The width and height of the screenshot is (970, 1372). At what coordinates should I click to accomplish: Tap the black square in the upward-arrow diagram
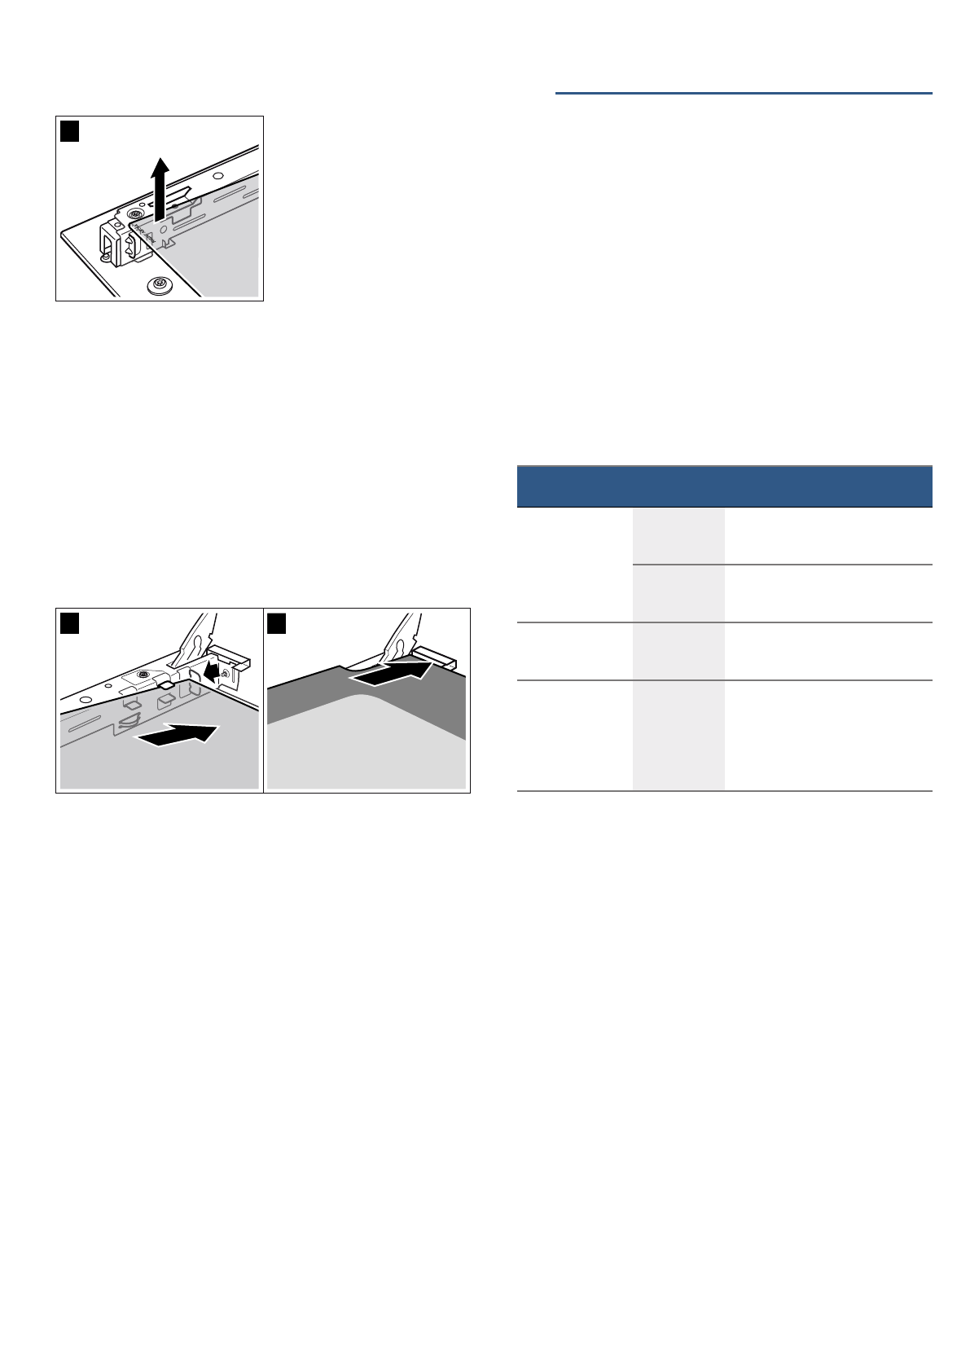pyautogui.click(x=70, y=130)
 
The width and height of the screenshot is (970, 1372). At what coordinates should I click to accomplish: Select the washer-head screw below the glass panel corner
pyautogui.click(x=159, y=285)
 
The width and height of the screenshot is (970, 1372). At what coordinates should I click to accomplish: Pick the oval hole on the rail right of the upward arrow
pyautogui.click(x=217, y=175)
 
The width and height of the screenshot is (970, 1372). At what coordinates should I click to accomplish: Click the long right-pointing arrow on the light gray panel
pyautogui.click(x=178, y=734)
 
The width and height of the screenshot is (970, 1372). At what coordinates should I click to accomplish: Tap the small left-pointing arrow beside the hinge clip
pyautogui.click(x=213, y=671)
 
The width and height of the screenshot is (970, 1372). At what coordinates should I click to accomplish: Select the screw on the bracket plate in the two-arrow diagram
pyautogui.click(x=143, y=675)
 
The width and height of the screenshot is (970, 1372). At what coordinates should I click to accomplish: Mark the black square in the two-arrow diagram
pyautogui.click(x=70, y=622)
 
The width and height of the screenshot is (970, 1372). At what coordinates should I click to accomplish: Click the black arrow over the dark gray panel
pyautogui.click(x=393, y=673)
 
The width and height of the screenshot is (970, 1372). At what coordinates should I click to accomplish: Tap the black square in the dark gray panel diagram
pyautogui.click(x=278, y=622)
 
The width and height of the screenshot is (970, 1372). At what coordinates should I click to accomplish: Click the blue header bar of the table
pyautogui.click(x=724, y=486)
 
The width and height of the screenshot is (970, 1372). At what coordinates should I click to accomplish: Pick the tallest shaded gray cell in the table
pyautogui.click(x=678, y=735)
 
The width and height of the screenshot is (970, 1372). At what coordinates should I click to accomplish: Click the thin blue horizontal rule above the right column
pyautogui.click(x=743, y=94)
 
